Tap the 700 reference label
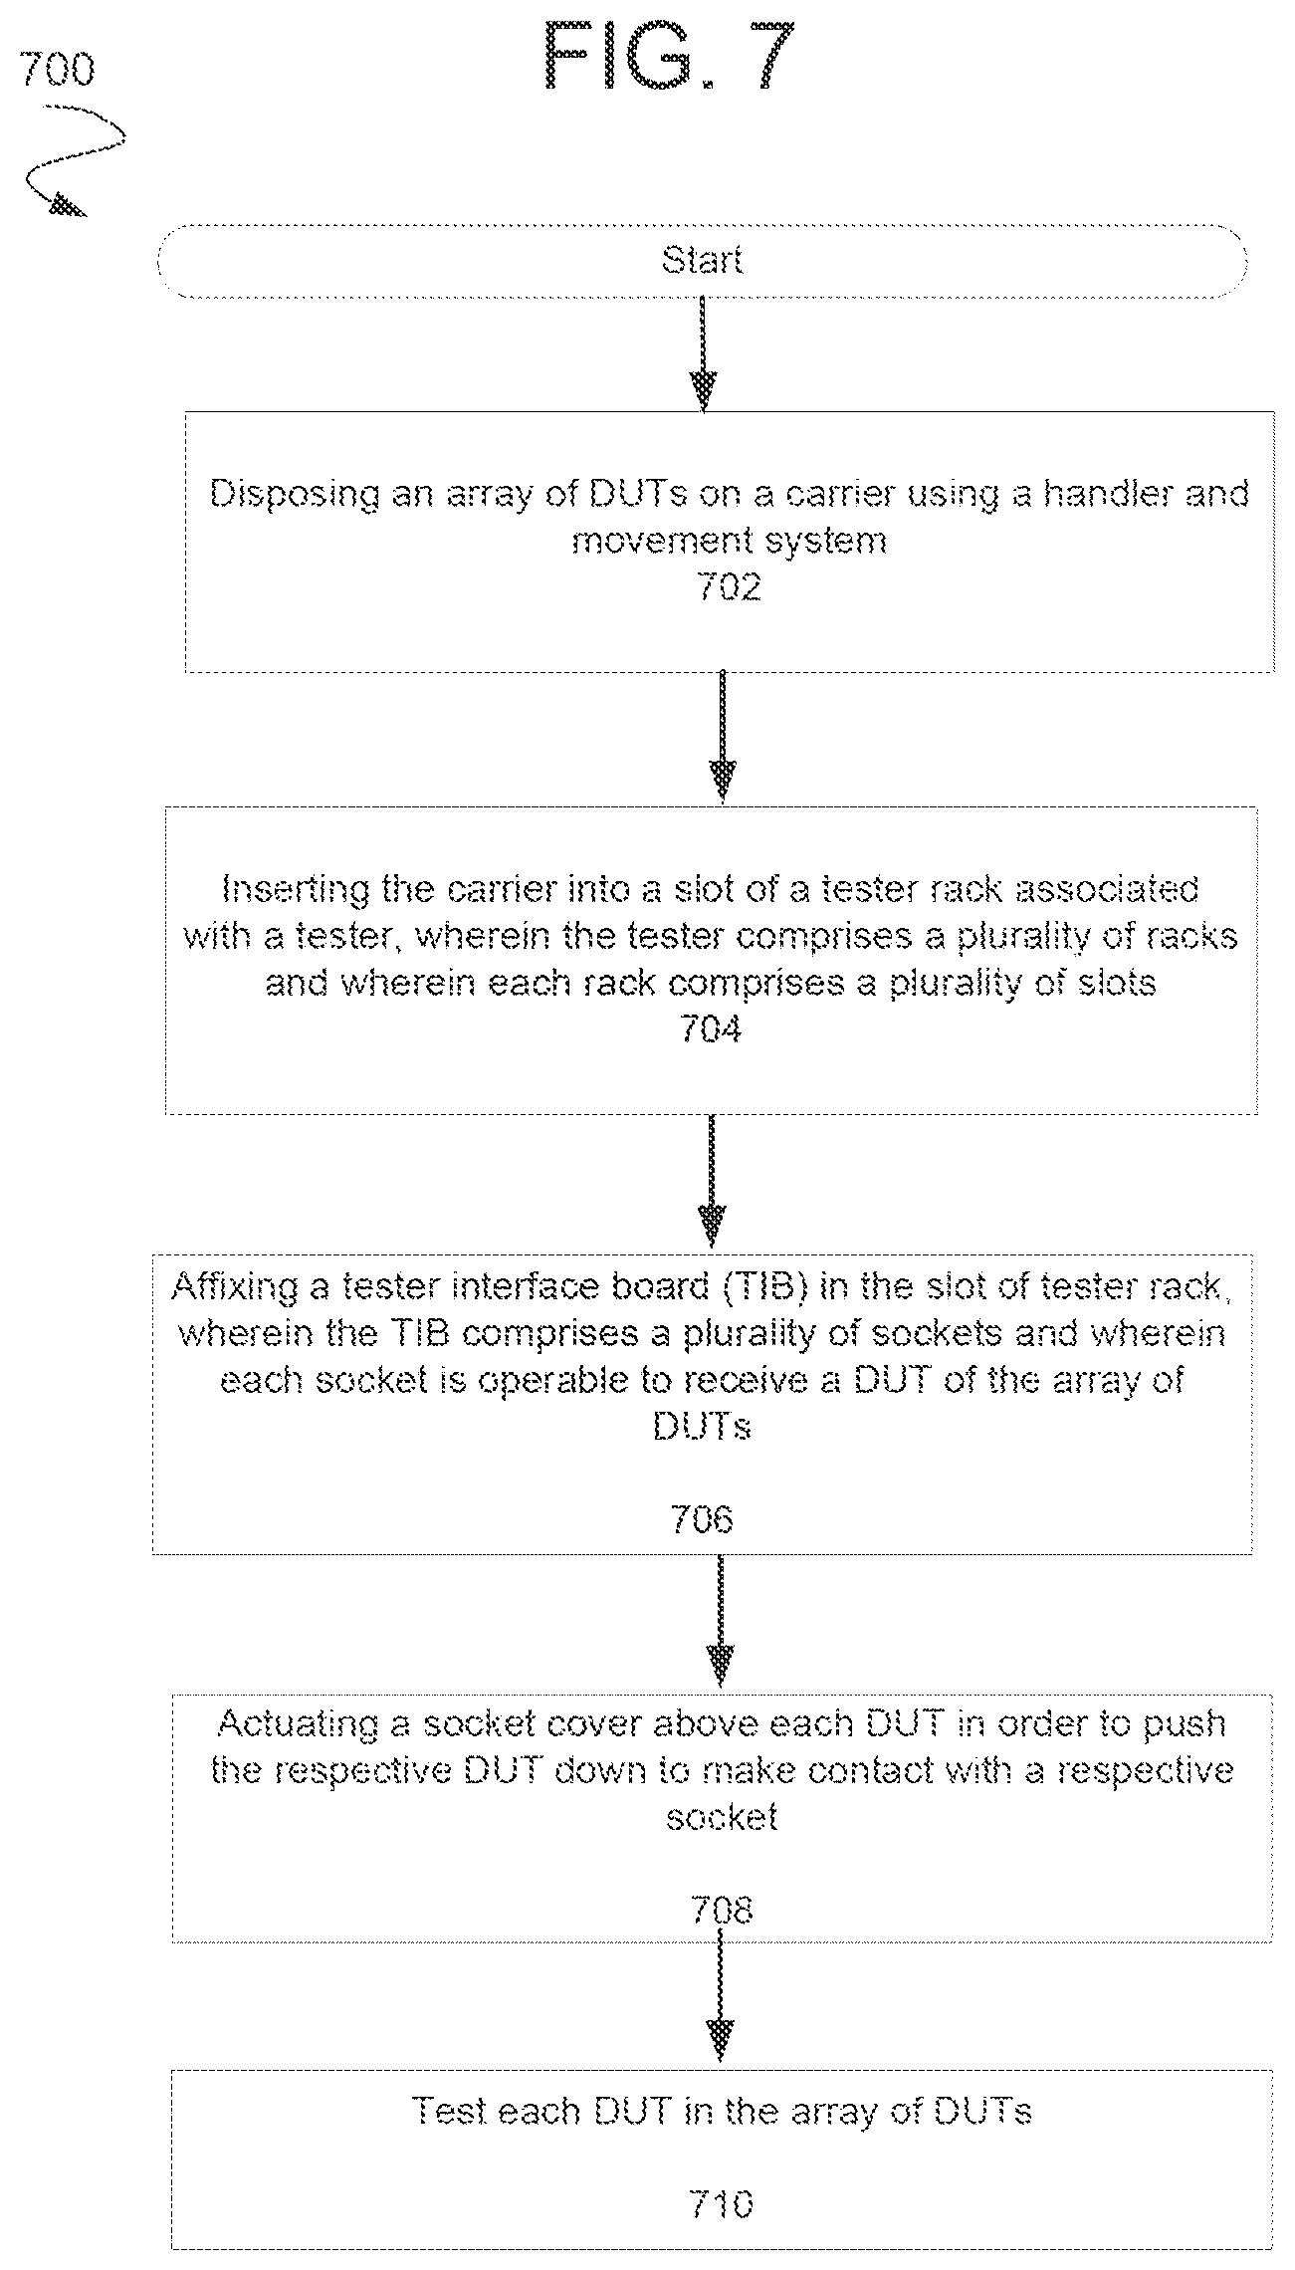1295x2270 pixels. pos(57,71)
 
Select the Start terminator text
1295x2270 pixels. pos(702,261)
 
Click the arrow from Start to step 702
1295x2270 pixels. pos(703,354)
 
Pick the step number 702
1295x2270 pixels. pos(730,587)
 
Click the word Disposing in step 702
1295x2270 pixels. pos(295,496)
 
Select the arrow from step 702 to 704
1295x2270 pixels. pos(722,737)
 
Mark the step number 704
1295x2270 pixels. pos(711,1028)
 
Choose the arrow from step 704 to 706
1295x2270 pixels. pos(711,1180)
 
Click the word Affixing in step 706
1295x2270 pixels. pos(235,1288)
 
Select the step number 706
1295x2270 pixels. pos(702,1520)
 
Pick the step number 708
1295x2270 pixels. pos(722,1911)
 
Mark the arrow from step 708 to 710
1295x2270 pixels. pos(720,2001)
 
